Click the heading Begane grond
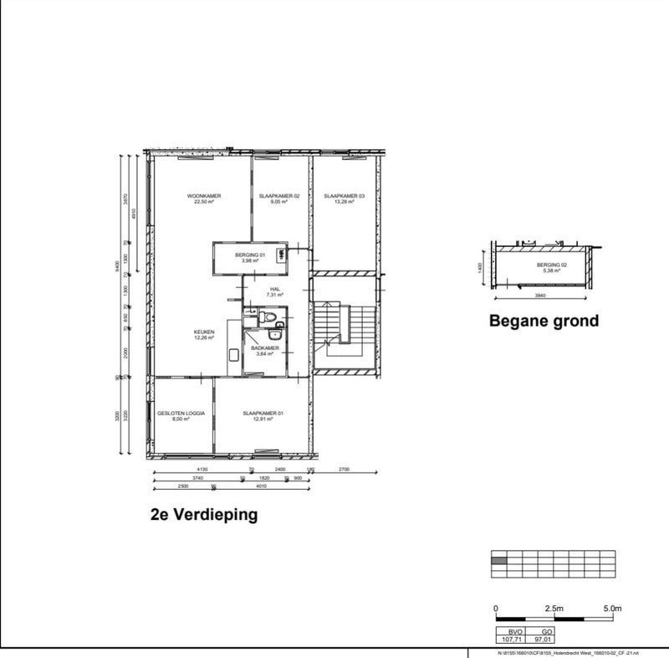[x=544, y=321]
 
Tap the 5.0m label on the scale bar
[x=611, y=608]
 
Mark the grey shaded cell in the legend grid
[x=498, y=561]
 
